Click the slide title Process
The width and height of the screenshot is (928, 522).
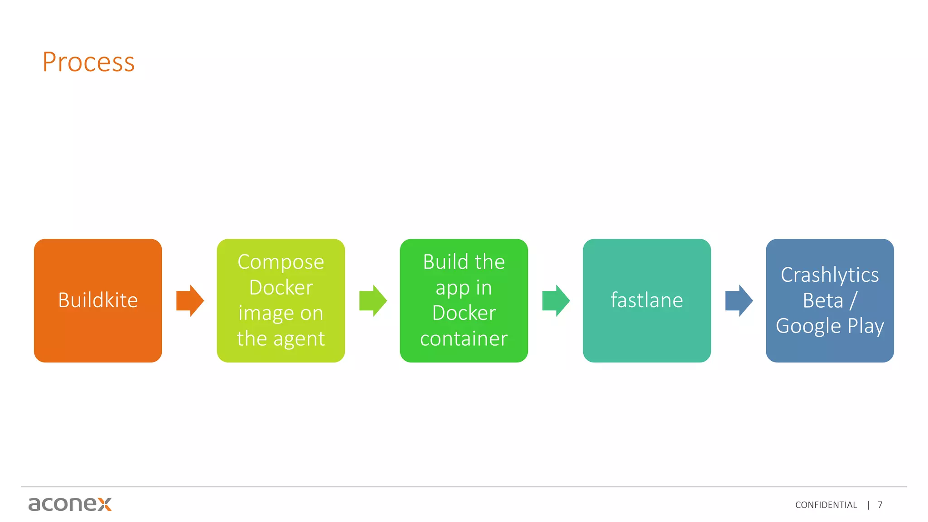[x=89, y=62]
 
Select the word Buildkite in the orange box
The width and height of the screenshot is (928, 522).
[x=98, y=300]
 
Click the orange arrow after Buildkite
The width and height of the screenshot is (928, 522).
[x=190, y=300]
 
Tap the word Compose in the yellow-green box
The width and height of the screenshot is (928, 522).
[x=280, y=262]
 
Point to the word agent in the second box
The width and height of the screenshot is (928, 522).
[x=299, y=339]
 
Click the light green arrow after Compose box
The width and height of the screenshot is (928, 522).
[x=373, y=300]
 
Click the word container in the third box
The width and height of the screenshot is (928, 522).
[x=464, y=339]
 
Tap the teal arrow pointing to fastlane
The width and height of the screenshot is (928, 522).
[x=556, y=300]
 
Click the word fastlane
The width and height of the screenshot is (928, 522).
[x=647, y=300]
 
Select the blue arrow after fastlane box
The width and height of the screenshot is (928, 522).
[x=739, y=300]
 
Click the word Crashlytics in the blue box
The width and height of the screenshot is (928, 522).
[x=830, y=275]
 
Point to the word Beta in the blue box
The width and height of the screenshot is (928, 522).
[x=823, y=301]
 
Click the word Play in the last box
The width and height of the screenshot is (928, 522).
[x=866, y=327]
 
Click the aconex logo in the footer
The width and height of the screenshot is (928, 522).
[x=70, y=504]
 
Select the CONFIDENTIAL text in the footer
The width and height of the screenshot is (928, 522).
[x=826, y=505]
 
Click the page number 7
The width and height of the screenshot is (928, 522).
[x=880, y=505]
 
